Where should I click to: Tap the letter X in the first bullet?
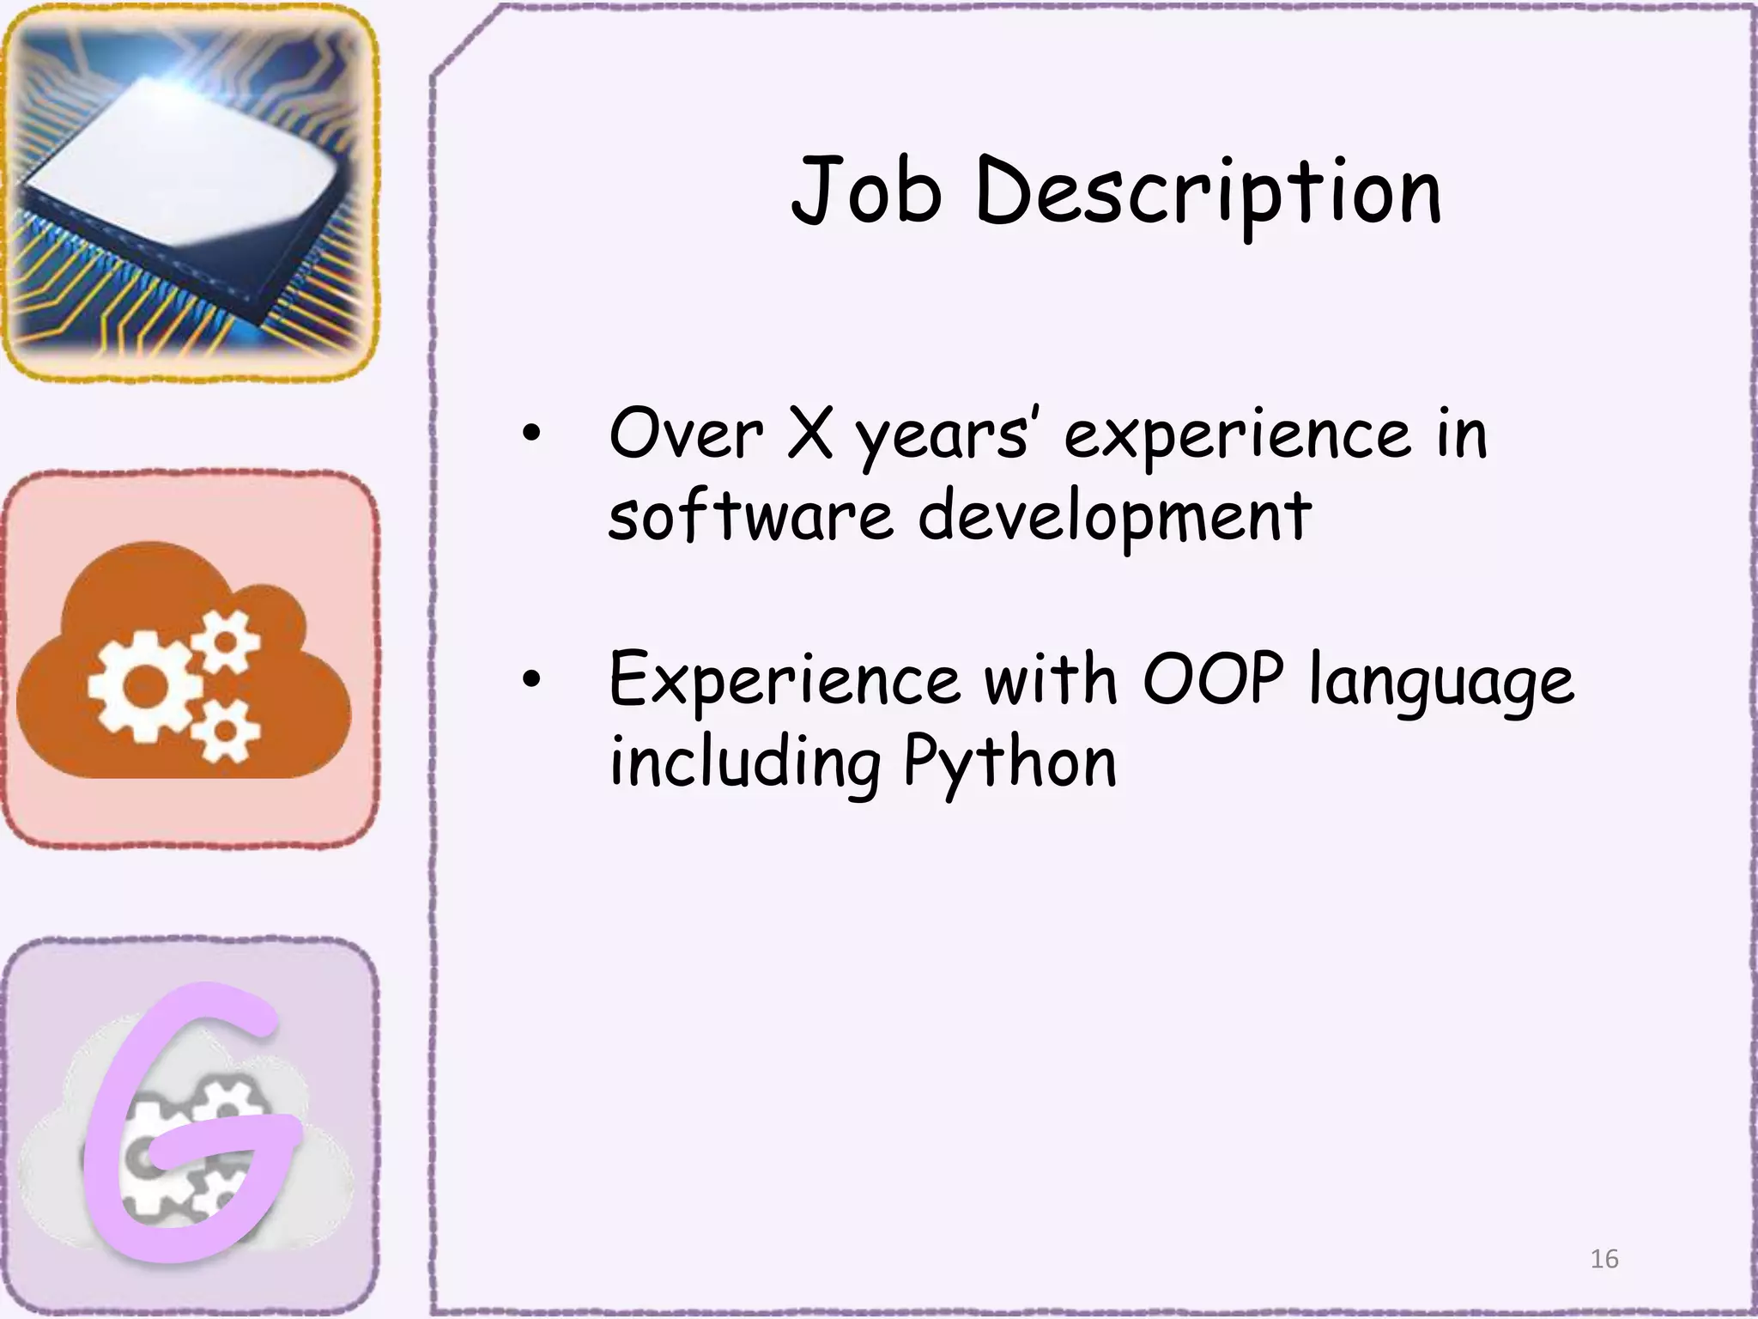(x=809, y=434)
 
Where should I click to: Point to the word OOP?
(x=1213, y=679)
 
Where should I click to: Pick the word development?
(x=1114, y=517)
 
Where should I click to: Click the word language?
(x=1441, y=683)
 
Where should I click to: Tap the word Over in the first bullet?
(x=685, y=434)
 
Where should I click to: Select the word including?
(x=745, y=763)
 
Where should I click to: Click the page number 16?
(x=1603, y=1259)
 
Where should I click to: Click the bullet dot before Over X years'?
(x=532, y=435)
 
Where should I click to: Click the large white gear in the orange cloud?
(x=145, y=685)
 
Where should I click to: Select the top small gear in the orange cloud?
(x=226, y=641)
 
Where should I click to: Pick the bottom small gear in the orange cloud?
(x=225, y=730)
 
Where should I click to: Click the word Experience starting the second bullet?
(x=784, y=681)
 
